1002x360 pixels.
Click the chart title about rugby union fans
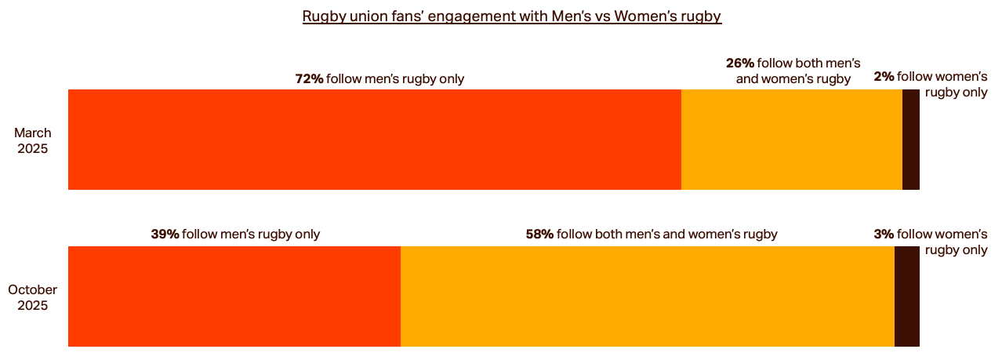pos(511,16)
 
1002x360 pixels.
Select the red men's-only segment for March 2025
pos(375,140)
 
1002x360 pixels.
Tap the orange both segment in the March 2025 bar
pos(792,140)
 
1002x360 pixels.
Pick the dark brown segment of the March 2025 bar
pos(910,140)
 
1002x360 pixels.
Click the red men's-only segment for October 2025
pos(234,296)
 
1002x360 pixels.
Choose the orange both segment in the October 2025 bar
pos(648,296)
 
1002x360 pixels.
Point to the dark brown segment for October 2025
pos(906,296)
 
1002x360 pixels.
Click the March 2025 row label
pos(33,140)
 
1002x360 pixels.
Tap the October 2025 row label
pos(33,297)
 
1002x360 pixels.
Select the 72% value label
pos(309,78)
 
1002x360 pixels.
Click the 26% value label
pos(739,63)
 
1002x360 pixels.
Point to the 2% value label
pos(884,77)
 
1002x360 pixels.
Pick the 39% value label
pos(165,234)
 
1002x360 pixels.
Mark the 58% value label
pos(539,234)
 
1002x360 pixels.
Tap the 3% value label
pos(884,234)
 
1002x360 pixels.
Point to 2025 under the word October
pos(33,306)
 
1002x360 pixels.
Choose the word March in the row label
pos(33,133)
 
